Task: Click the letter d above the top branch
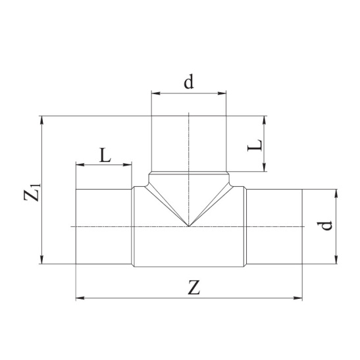(189, 82)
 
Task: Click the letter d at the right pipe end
(324, 226)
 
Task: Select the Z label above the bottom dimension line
(194, 288)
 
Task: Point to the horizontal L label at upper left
(105, 155)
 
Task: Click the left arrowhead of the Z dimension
(80, 298)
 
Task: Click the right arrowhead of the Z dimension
(298, 298)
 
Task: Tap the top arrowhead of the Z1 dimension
(41, 120)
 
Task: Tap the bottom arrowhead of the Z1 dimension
(41, 260)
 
